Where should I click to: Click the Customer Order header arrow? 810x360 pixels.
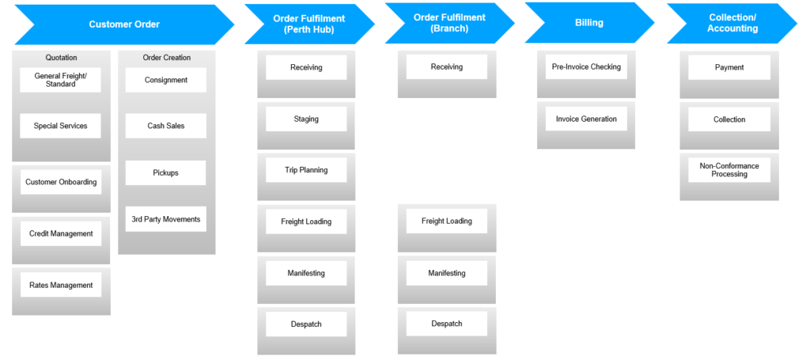(x=124, y=25)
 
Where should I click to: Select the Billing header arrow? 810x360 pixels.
(x=589, y=24)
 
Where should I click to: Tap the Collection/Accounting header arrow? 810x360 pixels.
(x=732, y=24)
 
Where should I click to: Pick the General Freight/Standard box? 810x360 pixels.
(x=60, y=80)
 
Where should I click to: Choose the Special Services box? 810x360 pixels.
(x=60, y=126)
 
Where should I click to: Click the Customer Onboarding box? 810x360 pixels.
(x=61, y=182)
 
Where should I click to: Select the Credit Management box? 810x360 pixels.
(x=61, y=233)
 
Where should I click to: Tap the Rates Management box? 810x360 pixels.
(x=61, y=285)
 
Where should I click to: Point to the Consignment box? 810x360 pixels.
(x=166, y=80)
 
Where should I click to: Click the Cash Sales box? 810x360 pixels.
(x=166, y=126)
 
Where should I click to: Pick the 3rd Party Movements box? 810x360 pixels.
(x=166, y=219)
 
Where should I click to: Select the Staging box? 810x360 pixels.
(x=306, y=119)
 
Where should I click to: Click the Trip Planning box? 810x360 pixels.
(x=306, y=170)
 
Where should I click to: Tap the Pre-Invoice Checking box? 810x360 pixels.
(x=586, y=67)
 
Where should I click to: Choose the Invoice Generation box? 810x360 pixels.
(x=586, y=119)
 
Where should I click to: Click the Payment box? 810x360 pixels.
(x=729, y=67)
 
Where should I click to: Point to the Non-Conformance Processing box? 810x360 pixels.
(x=729, y=170)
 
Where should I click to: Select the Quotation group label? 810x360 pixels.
(x=61, y=57)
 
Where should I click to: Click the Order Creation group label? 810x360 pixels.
(x=166, y=57)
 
